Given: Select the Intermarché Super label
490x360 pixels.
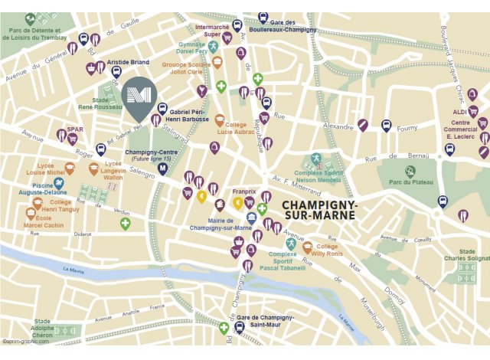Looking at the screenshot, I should pyautogui.click(x=213, y=30).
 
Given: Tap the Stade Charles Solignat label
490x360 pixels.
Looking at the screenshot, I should pyautogui.click(x=472, y=255).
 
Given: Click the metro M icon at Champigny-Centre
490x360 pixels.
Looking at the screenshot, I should pyautogui.click(x=162, y=169).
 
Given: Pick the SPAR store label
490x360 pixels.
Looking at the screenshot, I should pyautogui.click(x=74, y=129).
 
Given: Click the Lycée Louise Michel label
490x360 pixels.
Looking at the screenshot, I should pyautogui.click(x=44, y=169).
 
